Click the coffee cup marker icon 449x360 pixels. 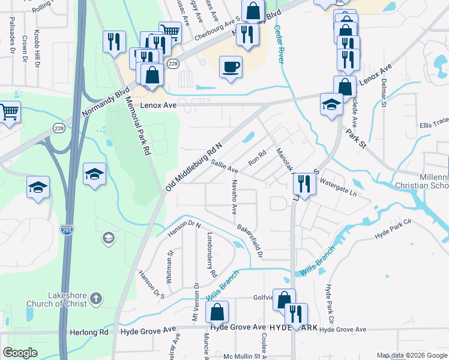230,67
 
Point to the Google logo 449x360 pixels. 20,353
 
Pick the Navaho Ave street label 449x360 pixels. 234,197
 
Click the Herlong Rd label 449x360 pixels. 92,332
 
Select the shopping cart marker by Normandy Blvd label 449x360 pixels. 9,112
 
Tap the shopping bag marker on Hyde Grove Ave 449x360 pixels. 217,311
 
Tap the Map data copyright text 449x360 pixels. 411,355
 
